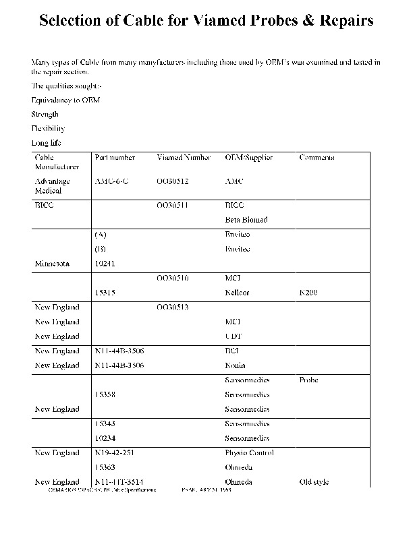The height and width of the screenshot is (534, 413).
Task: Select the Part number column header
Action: (115, 158)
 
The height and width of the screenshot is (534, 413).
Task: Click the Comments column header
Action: (317, 158)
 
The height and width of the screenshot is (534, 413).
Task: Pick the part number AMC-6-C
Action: (112, 181)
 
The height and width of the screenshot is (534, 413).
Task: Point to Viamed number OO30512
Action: (173, 181)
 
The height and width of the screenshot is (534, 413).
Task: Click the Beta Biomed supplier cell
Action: (246, 220)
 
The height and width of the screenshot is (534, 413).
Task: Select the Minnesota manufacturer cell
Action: (52, 264)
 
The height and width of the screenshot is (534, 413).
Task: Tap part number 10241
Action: (105, 264)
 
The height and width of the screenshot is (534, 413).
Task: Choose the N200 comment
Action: (308, 293)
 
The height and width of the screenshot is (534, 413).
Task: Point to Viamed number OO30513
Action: (173, 307)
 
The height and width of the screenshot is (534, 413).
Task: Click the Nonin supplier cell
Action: (236, 365)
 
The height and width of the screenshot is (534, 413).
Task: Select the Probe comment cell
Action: (308, 380)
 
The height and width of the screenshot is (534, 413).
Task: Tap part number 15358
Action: (105, 395)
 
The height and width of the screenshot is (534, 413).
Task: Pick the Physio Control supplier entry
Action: (249, 453)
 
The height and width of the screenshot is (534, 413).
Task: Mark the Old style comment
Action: (314, 482)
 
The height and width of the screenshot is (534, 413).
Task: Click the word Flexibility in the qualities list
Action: (48, 128)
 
